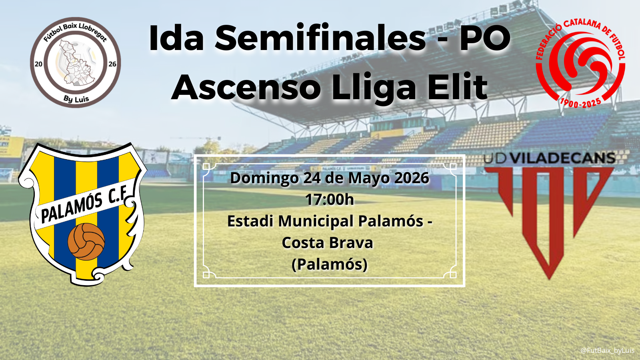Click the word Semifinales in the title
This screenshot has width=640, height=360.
pyautogui.click(x=320, y=38)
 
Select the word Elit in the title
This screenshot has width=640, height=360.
pyautogui.click(x=452, y=86)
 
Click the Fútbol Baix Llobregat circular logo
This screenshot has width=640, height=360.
pyautogui.click(x=76, y=62)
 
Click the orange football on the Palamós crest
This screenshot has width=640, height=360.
pyautogui.click(x=86, y=242)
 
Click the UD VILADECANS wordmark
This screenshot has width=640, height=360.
pyautogui.click(x=550, y=158)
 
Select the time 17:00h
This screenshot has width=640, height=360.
pyautogui.click(x=330, y=200)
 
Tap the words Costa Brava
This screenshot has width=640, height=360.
pyautogui.click(x=328, y=243)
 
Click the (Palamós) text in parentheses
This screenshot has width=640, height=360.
pyautogui.click(x=330, y=264)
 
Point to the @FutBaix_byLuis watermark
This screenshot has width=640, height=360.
pyautogui.click(x=608, y=350)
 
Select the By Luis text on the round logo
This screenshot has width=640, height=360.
pyautogui.click(x=76, y=99)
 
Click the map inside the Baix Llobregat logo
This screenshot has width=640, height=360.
pyautogui.click(x=75, y=63)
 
